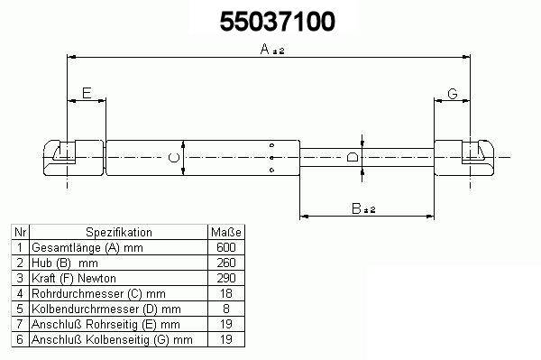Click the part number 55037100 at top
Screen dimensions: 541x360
pyautogui.click(x=278, y=22)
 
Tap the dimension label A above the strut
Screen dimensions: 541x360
pyautogui.click(x=265, y=49)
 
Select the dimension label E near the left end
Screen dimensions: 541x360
pyautogui.click(x=87, y=93)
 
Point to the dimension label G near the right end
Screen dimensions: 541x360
pyautogui.click(x=453, y=94)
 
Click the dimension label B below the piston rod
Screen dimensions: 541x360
pyautogui.click(x=356, y=208)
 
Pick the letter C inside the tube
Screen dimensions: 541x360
pyautogui.click(x=174, y=158)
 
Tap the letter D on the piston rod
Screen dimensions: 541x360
pyautogui.click(x=353, y=158)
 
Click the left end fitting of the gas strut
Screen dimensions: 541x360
pyautogui.click(x=73, y=158)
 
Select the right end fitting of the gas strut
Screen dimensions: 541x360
pyautogui.click(x=464, y=158)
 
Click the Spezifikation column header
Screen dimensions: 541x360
pyautogui.click(x=119, y=232)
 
